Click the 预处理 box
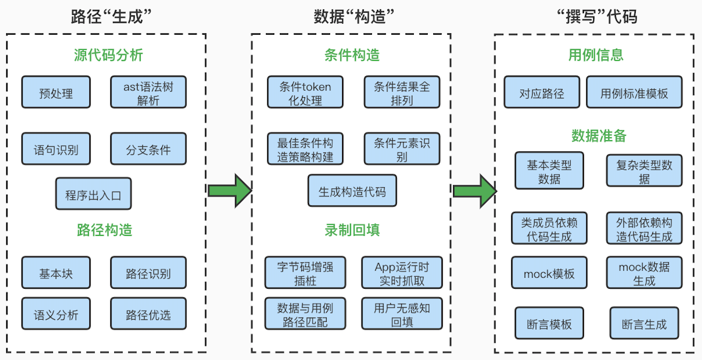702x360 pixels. click(56, 92)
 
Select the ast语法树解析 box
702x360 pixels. click(148, 92)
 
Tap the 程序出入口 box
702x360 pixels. click(93, 193)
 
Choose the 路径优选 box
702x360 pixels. click(148, 314)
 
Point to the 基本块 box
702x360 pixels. click(56, 273)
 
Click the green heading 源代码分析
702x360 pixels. click(108, 55)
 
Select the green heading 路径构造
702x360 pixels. click(105, 230)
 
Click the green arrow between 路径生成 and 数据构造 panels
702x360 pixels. click(230, 190)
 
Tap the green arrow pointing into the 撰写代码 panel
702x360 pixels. click(475, 191)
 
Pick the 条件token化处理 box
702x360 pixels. click(305, 92)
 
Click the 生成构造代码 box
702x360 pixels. click(352, 190)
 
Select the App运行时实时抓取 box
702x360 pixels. click(402, 273)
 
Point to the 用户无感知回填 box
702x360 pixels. click(402, 314)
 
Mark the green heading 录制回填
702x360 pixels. click(352, 230)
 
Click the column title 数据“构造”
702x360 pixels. click(354, 17)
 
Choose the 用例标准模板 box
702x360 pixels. click(634, 92)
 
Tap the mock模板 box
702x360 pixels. click(549, 273)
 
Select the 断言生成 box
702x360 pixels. click(645, 323)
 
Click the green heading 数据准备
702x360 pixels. click(599, 136)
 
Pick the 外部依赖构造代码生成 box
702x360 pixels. click(645, 228)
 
